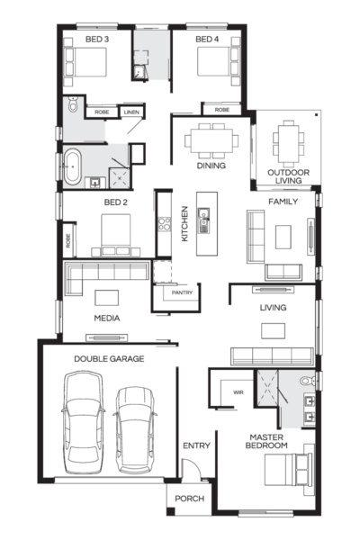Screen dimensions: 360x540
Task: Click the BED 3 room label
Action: pyautogui.click(x=97, y=40)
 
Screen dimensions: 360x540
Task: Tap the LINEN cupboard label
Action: pyautogui.click(x=131, y=112)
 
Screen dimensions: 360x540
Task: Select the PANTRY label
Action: pyautogui.click(x=182, y=292)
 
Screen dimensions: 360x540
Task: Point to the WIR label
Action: pyautogui.click(x=238, y=392)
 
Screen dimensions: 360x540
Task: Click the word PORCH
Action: pyautogui.click(x=190, y=499)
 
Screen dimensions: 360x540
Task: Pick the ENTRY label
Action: pyautogui.click(x=196, y=445)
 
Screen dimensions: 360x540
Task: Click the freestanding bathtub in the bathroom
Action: pyautogui.click(x=73, y=166)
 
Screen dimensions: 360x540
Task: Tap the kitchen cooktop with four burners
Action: pyautogui.click(x=165, y=224)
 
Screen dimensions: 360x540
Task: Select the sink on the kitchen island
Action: pyautogui.click(x=203, y=220)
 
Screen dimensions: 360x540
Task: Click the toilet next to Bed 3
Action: pyautogui.click(x=73, y=103)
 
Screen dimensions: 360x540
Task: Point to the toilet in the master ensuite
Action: pyautogui.click(x=307, y=381)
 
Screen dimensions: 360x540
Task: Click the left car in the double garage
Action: pyautogui.click(x=84, y=422)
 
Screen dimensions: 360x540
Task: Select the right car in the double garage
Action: pyautogui.click(x=135, y=430)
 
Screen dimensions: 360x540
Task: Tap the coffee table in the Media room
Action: pyautogui.click(x=107, y=298)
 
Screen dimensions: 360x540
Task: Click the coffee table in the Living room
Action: pyautogui.click(x=273, y=331)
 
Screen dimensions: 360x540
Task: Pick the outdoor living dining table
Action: pyautogui.click(x=289, y=140)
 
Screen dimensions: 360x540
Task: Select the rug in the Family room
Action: pyautogui.click(x=283, y=237)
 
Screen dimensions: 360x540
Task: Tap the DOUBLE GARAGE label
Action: pyautogui.click(x=109, y=359)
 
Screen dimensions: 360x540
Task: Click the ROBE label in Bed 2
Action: pyautogui.click(x=67, y=240)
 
